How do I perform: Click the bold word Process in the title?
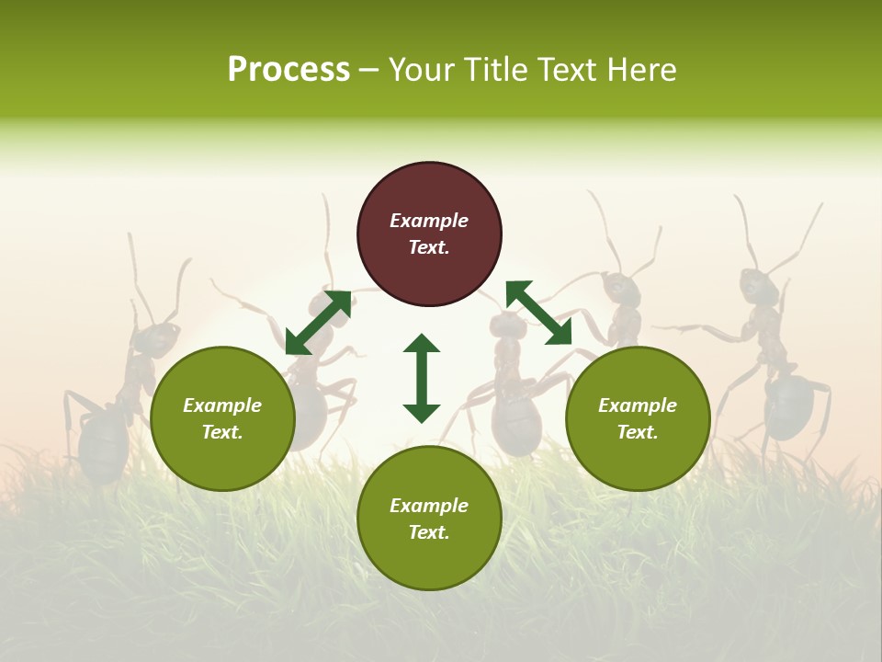tap(288, 70)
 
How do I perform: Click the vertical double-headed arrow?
tap(422, 378)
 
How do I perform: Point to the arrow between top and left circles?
tap(318, 323)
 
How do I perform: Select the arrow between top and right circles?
tap(538, 313)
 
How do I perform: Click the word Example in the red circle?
tap(429, 221)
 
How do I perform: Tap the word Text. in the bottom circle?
tap(429, 532)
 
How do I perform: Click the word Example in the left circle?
tap(222, 405)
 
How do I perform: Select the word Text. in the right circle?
tap(638, 432)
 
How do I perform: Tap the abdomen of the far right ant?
tap(788, 405)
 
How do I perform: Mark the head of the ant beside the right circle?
tap(622, 290)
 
